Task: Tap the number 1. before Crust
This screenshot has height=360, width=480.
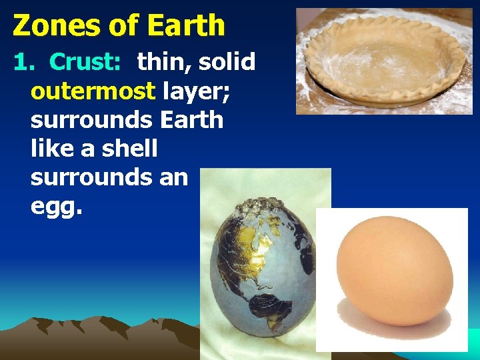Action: [x=24, y=62]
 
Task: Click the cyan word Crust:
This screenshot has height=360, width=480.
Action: [x=85, y=62]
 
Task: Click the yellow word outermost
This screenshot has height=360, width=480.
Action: [x=93, y=91]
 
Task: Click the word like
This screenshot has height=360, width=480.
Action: [x=53, y=149]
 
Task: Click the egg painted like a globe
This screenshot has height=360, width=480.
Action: [x=263, y=267]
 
